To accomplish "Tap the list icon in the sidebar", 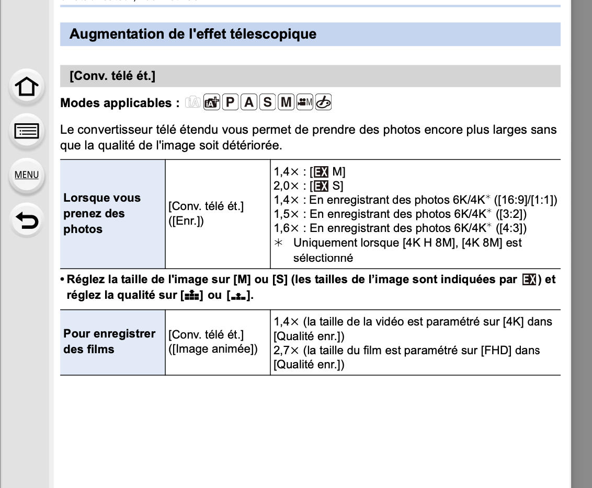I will click(x=27, y=131).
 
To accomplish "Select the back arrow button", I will click(x=27, y=220).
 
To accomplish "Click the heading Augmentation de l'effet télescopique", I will click(x=193, y=34).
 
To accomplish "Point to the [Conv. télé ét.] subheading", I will click(x=112, y=76).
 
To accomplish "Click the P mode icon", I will click(x=230, y=102).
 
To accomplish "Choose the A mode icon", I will click(x=249, y=102).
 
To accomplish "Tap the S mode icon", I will click(x=268, y=102).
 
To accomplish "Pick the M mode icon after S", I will click(x=286, y=102).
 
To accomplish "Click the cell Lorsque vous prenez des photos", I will click(x=102, y=213).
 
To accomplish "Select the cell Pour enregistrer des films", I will click(x=109, y=341).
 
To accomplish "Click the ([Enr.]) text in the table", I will click(x=186, y=221).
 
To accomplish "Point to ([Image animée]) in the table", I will click(x=213, y=349).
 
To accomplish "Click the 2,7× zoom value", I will click(x=286, y=350).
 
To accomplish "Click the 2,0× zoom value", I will click(x=286, y=185).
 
